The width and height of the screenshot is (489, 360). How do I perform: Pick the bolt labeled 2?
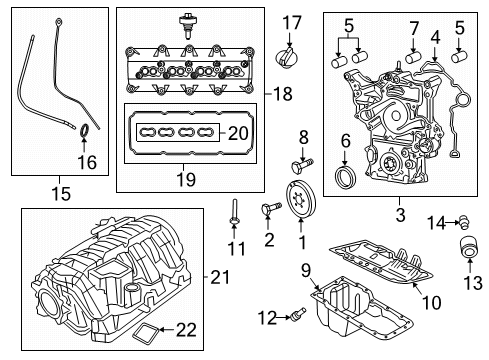(269, 209)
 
